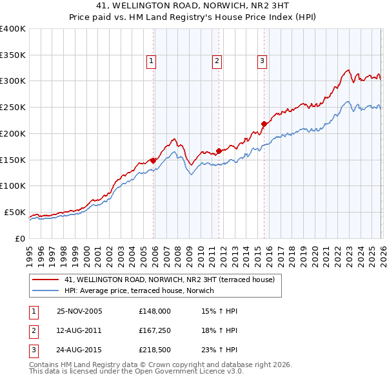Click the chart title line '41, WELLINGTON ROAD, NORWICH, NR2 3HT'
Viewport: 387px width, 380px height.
tap(193, 7)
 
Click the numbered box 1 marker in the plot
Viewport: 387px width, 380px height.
tap(151, 61)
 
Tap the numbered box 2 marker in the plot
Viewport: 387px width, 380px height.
tap(217, 61)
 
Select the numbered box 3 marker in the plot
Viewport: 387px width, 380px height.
tap(263, 61)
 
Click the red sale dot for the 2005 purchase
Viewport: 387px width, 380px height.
tap(153, 160)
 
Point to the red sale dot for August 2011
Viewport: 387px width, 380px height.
tap(219, 151)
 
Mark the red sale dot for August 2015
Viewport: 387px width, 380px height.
tap(264, 124)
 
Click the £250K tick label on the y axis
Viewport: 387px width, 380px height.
tap(13, 108)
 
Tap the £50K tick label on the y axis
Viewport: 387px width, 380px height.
tap(15, 212)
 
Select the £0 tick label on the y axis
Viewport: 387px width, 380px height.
tap(19, 238)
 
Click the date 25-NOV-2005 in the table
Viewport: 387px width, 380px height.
tap(79, 311)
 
